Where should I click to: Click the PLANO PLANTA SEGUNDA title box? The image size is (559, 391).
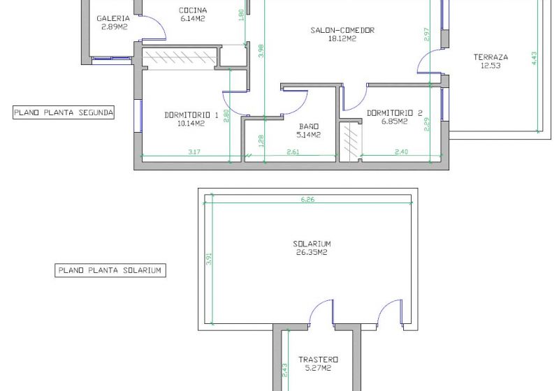pyautogui.click(x=64, y=112)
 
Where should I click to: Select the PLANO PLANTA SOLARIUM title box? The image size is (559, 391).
pyautogui.click(x=110, y=270)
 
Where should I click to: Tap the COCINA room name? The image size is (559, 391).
pyautogui.click(x=193, y=10)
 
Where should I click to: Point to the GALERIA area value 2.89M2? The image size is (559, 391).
pyautogui.click(x=114, y=27)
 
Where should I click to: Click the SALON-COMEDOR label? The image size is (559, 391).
pyautogui.click(x=342, y=30)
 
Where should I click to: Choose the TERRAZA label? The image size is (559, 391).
pyautogui.click(x=491, y=57)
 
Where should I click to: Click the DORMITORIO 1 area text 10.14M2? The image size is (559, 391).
pyautogui.click(x=191, y=124)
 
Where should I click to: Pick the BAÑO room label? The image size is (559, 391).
pyautogui.click(x=309, y=126)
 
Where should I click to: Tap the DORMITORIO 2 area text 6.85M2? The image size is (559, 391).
pyautogui.click(x=394, y=121)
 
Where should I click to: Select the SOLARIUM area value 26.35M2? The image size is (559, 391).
pyautogui.click(x=312, y=253)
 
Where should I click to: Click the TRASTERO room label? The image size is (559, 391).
pyautogui.click(x=319, y=360)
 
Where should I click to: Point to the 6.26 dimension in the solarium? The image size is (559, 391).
pyautogui.click(x=307, y=200)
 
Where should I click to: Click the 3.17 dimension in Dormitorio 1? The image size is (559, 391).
pyautogui.click(x=194, y=152)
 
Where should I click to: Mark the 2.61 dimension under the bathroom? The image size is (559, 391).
pyautogui.click(x=293, y=152)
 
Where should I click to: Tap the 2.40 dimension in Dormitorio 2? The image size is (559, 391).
pyautogui.click(x=401, y=152)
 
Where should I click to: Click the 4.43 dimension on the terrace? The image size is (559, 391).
pyautogui.click(x=534, y=59)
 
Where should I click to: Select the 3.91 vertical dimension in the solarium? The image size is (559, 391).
pyautogui.click(x=209, y=259)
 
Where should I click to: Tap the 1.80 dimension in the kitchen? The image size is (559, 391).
pyautogui.click(x=240, y=15)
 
